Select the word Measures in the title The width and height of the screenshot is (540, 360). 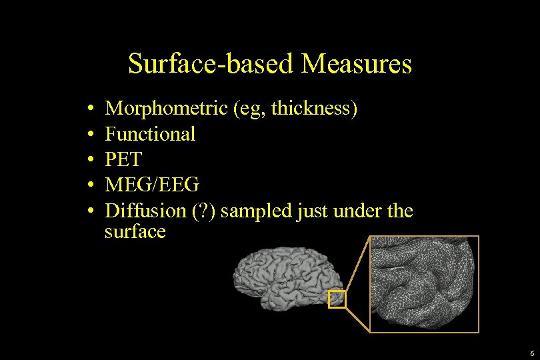click(357, 65)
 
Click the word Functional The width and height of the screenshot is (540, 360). click(150, 134)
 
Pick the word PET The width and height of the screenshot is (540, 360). click(124, 160)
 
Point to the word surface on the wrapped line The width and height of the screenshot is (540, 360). click(135, 231)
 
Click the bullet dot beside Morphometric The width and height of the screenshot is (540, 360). click(89, 109)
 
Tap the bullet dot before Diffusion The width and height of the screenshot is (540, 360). click(89, 211)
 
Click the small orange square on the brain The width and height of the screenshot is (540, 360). click(337, 299)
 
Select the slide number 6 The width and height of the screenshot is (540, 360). click(531, 353)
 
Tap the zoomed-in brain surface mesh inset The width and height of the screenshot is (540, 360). click(424, 283)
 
